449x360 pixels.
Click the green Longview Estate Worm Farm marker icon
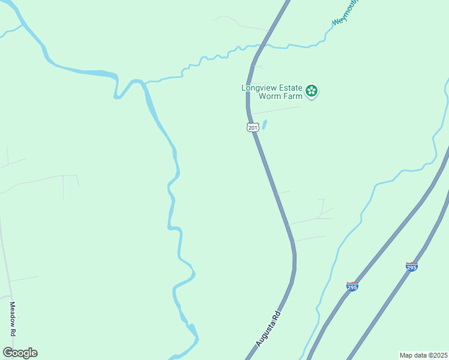pos(312,91)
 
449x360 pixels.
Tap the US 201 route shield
pos(253,127)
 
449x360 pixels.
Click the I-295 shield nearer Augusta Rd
pos(352,287)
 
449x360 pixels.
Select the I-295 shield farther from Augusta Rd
pos(411,266)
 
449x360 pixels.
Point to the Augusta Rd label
pos(268,328)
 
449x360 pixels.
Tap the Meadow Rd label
pos(12,319)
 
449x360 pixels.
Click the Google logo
pos(20,353)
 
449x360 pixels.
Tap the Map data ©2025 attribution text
pos(424,355)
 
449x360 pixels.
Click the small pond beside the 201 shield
pos(264,125)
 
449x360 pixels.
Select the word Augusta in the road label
pos(265,333)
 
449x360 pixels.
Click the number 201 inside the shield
pos(253,128)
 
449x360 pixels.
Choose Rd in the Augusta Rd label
pos(276,315)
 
